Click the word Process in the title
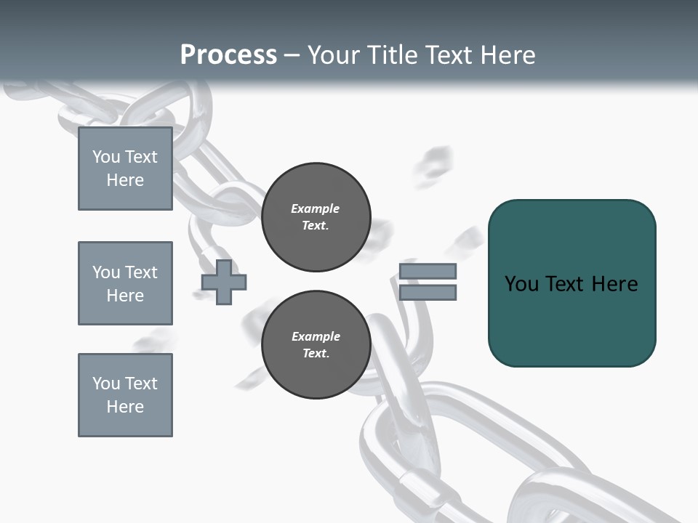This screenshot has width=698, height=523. [x=228, y=55]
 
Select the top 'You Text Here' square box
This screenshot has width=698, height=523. [x=125, y=169]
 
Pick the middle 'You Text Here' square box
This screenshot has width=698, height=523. [x=125, y=283]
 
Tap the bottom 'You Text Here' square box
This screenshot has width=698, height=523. [x=125, y=395]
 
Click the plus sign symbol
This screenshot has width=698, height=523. [x=224, y=282]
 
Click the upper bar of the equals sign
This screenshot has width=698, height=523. [x=428, y=271]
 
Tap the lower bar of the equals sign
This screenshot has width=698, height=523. [x=428, y=293]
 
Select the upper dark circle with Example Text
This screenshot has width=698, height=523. [x=316, y=217]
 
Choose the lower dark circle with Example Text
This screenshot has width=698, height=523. [x=316, y=345]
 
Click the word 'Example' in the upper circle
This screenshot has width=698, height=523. [x=315, y=208]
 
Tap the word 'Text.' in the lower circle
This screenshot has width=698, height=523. [x=315, y=354]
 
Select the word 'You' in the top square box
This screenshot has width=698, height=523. [x=105, y=157]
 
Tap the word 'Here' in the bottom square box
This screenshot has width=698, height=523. [x=125, y=407]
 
